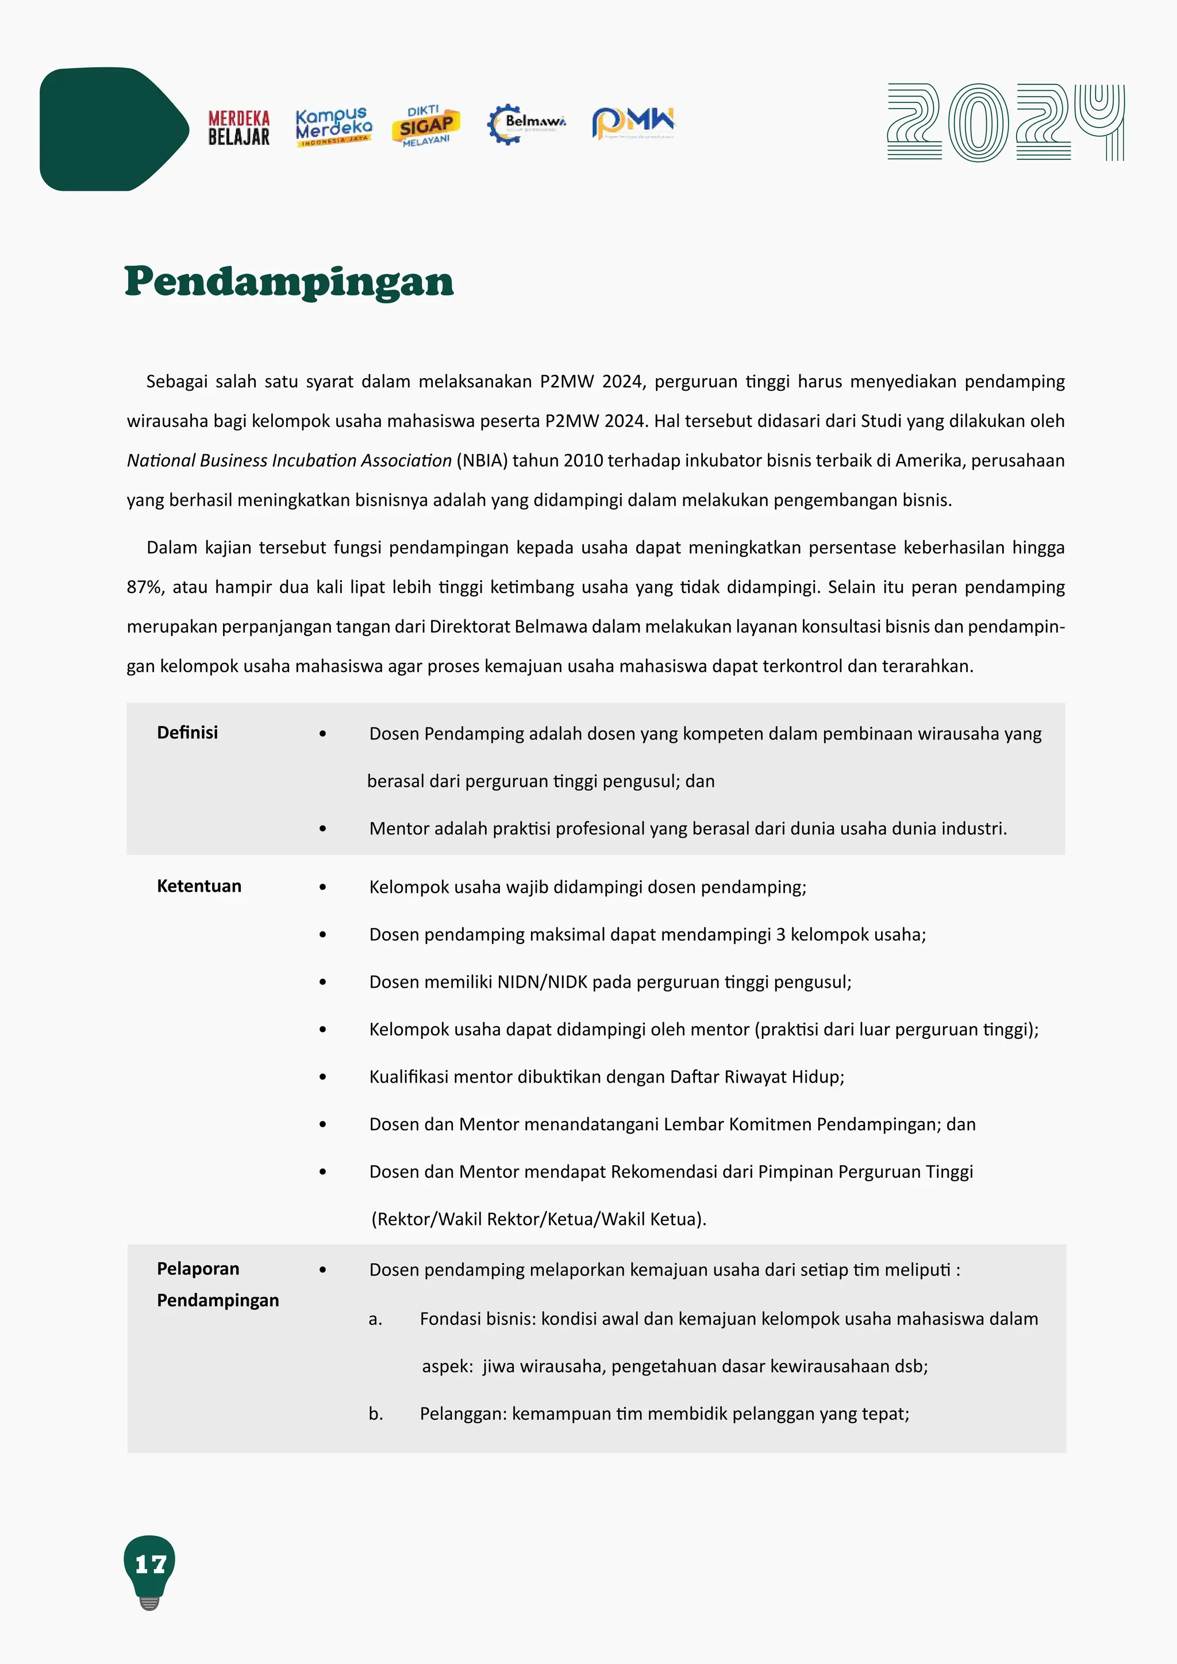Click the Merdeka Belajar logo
tap(239, 128)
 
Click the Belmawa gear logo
tap(525, 123)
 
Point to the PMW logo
tap(633, 122)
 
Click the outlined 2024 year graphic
tap(1005, 122)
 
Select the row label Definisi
tap(187, 733)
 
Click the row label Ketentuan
tap(199, 887)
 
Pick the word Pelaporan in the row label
tap(198, 1269)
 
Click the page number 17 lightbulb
tap(150, 1565)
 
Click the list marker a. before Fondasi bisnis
tap(375, 1320)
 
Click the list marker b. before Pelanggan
tap(375, 1414)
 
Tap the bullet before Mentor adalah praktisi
tap(322, 829)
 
